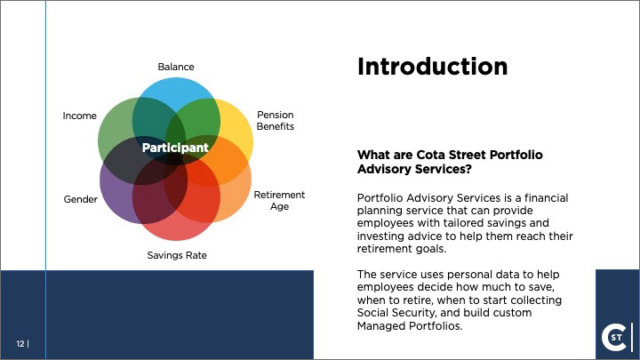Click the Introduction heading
[432, 67]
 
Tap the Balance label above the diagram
[176, 67]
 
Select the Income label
[80, 116]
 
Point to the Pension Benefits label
[275, 121]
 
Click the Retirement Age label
[279, 200]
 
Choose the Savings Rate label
[177, 255]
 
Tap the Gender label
[80, 200]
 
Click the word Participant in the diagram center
[175, 148]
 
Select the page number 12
[20, 344]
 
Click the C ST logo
[616, 337]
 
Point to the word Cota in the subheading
[430, 155]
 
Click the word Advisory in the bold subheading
[384, 169]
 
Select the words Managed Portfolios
[410, 325]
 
